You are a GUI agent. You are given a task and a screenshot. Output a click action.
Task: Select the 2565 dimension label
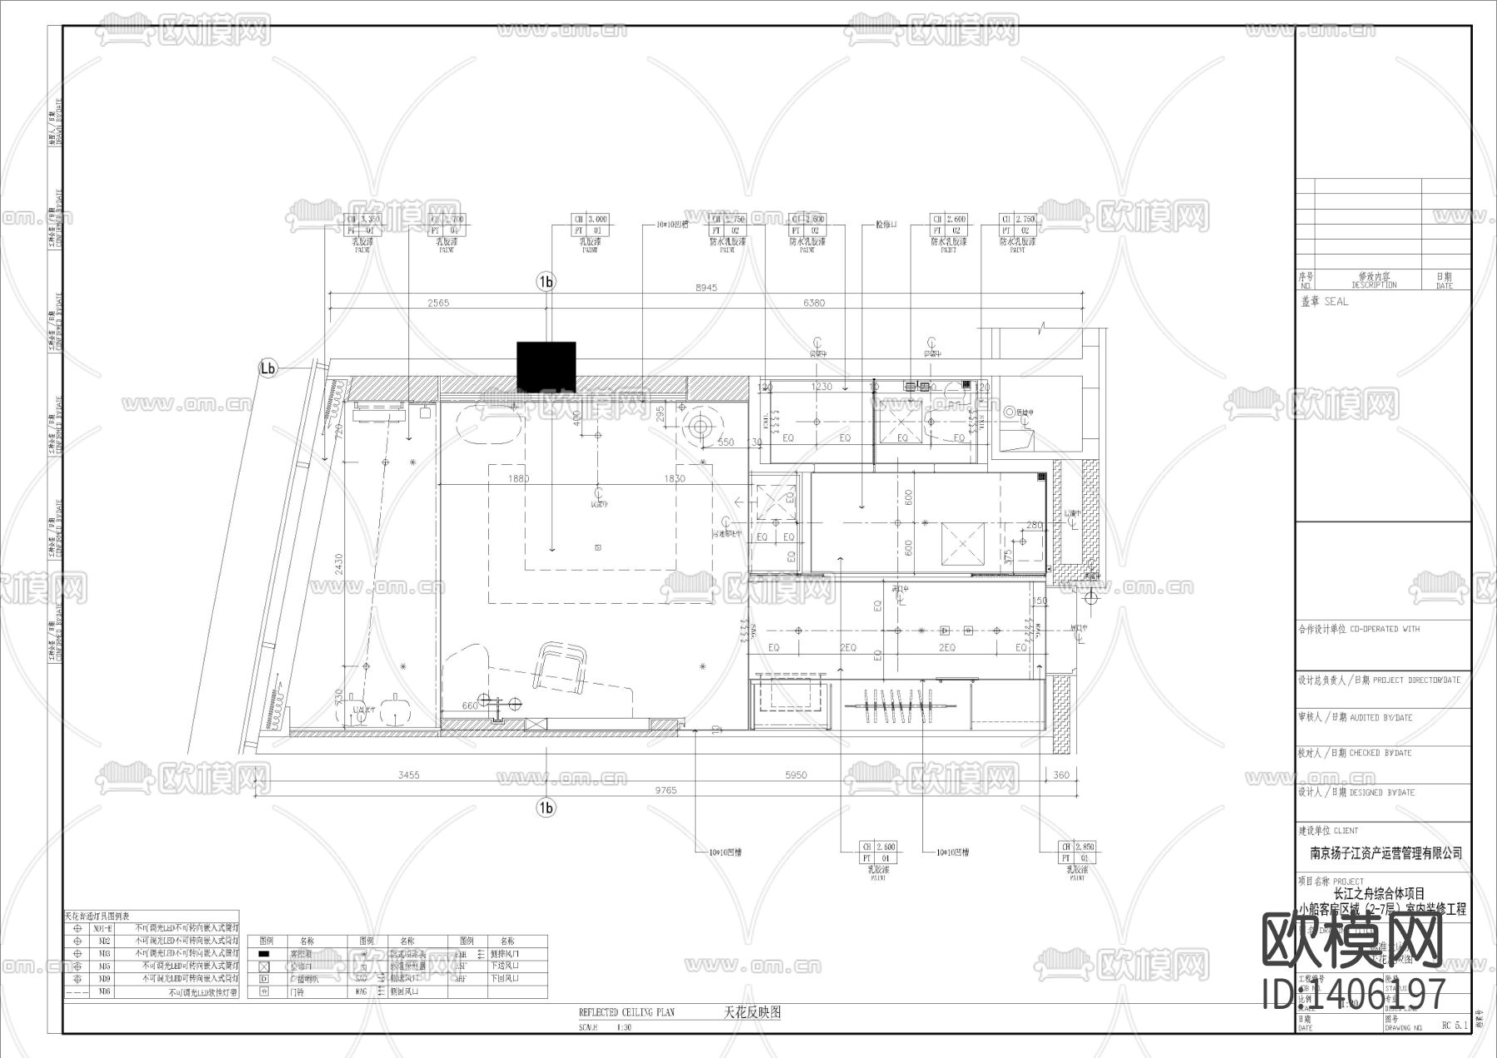point(438,303)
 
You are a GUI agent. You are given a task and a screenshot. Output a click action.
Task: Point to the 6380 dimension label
point(814,303)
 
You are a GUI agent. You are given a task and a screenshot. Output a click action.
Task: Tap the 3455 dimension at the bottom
point(408,774)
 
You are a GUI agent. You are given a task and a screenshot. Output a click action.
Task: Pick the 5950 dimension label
point(796,774)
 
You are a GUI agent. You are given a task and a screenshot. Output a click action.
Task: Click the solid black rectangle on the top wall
point(546,366)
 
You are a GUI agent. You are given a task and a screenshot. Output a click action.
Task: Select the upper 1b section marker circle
point(546,282)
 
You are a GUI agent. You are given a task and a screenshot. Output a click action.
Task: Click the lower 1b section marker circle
point(546,808)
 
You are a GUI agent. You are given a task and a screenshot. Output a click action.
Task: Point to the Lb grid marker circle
point(268,368)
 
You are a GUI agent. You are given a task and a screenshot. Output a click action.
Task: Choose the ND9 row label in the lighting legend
point(104,979)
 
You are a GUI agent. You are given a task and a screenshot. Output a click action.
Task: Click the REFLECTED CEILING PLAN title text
point(626,1013)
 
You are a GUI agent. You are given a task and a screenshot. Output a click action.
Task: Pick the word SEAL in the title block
point(1336,302)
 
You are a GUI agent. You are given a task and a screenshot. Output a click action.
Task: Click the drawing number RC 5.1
point(1455,1026)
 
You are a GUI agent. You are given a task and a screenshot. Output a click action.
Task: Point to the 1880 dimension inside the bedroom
point(518,478)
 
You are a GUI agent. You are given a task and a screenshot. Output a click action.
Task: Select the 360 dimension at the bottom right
point(1061,774)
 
